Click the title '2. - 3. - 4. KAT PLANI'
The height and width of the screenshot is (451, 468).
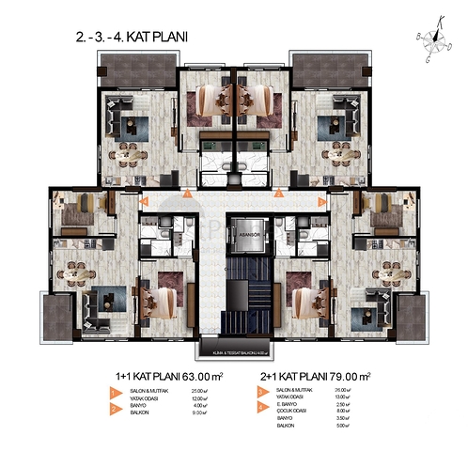coord(132,39)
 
